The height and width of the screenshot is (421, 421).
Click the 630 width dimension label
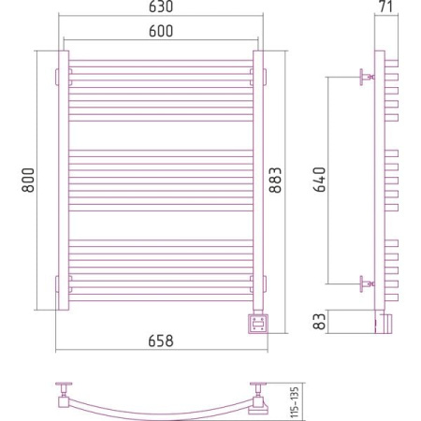click(x=161, y=7)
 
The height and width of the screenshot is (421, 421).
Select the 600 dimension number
click(x=161, y=31)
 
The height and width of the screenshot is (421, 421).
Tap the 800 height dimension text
click(x=28, y=180)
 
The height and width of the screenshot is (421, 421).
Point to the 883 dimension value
click(x=275, y=180)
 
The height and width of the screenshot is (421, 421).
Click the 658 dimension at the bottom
click(x=161, y=341)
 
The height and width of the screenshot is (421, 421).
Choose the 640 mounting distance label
click(x=319, y=180)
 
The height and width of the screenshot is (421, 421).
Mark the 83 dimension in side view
click(x=319, y=322)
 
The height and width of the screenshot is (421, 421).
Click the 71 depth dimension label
click(x=386, y=7)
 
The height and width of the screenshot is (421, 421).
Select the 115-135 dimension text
click(x=295, y=402)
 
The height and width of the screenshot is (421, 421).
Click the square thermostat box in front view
click(x=258, y=324)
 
